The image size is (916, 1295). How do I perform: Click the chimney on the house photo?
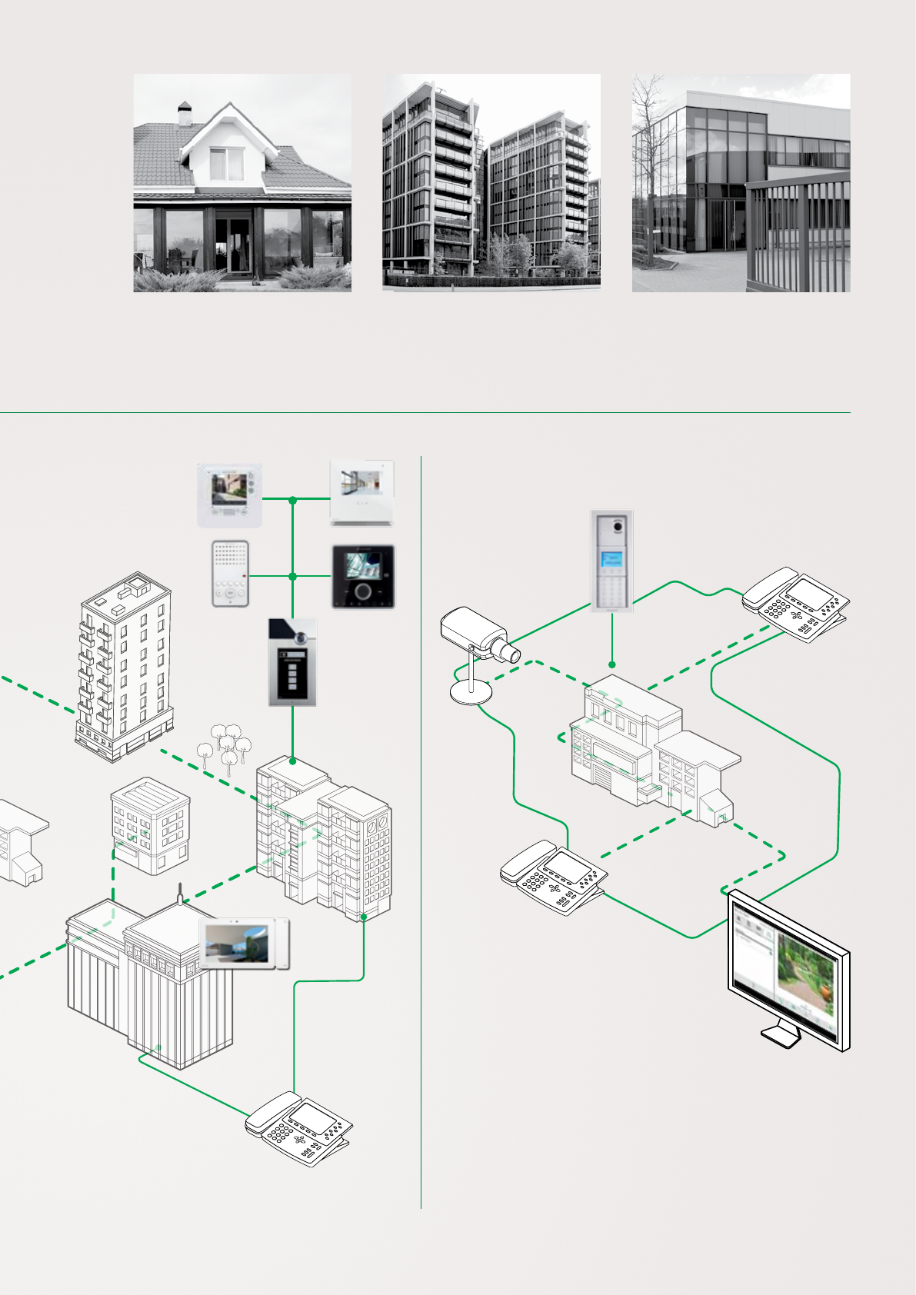tap(185, 114)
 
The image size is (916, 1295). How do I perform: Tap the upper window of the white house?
tap(226, 163)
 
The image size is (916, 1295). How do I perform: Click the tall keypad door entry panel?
tap(612, 560)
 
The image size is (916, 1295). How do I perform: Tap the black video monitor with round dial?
tap(363, 577)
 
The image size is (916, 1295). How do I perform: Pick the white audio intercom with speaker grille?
tap(230, 574)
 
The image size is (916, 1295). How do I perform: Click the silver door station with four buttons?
tap(292, 662)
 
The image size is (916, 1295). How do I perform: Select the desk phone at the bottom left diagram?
tap(299, 1127)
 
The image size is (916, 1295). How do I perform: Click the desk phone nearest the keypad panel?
tap(796, 604)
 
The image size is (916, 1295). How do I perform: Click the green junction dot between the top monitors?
tap(292, 501)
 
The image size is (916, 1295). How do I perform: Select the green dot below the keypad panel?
tap(612, 664)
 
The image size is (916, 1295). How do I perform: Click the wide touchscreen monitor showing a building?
tap(244, 943)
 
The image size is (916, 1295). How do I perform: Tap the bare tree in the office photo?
tap(651, 154)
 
